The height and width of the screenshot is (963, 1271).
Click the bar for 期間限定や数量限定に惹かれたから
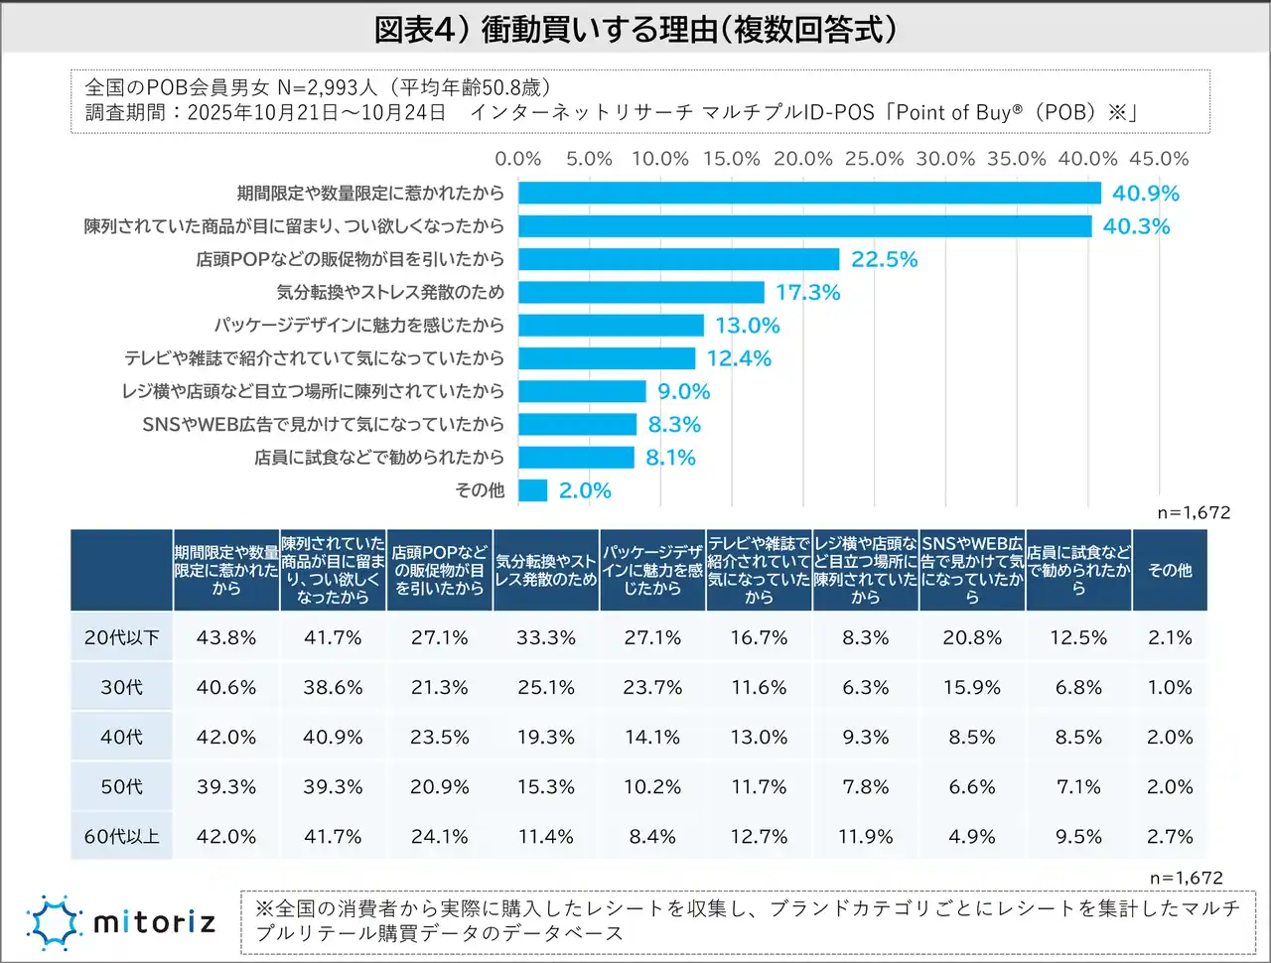click(809, 193)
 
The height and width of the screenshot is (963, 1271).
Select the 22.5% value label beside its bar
click(884, 259)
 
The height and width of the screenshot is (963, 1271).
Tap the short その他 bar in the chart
click(533, 490)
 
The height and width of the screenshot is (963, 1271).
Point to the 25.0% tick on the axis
click(874, 159)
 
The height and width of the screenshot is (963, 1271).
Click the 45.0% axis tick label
click(1159, 159)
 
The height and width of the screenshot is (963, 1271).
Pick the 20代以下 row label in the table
click(121, 637)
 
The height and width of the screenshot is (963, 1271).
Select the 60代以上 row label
click(121, 836)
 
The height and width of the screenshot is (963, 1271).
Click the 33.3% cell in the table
click(545, 637)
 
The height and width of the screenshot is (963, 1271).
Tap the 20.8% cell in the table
click(971, 637)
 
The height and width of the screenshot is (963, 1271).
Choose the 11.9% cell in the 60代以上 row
click(865, 836)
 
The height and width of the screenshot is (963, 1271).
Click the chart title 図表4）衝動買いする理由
click(635, 29)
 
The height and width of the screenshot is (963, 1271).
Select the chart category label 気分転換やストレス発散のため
click(390, 292)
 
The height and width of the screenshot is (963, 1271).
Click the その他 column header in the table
click(1170, 571)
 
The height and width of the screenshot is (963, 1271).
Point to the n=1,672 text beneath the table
click(1186, 878)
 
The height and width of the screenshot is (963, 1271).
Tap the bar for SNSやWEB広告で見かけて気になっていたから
click(577, 424)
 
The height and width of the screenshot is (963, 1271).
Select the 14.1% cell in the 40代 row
click(651, 737)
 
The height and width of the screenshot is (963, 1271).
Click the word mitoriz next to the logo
click(154, 922)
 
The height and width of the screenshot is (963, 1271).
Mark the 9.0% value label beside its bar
click(683, 391)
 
